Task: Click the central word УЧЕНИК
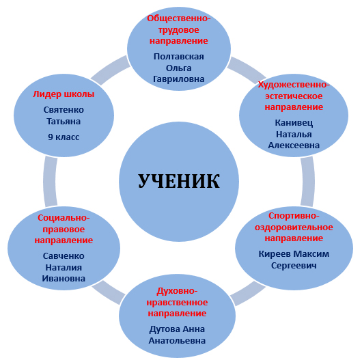pos(179,182)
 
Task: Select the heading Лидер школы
pos(64,94)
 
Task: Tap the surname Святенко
pos(64,110)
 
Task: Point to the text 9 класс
pos(64,137)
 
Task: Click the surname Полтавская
pos(179,56)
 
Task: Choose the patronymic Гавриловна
pos(179,79)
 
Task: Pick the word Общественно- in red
pos(179,18)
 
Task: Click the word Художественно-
pos(294,85)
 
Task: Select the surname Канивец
pos(294,122)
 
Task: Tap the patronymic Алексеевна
pos(294,146)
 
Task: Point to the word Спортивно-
pos(294,216)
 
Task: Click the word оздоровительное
pos(294,227)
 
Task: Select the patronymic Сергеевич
pos(294,266)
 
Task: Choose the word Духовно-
pos(178,291)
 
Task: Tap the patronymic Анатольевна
pos(178,341)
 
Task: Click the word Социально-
pos(64,218)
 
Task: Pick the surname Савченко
pos(64,256)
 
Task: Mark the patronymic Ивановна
pos(64,279)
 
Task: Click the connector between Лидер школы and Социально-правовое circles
pos(49,182)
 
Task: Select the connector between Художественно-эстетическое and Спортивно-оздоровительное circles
pos(308,182)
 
